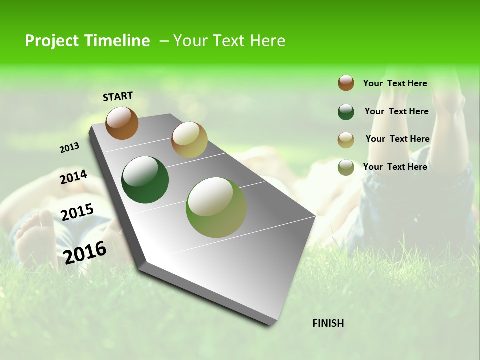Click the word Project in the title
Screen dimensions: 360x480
click(x=52, y=41)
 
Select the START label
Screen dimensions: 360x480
click(x=118, y=96)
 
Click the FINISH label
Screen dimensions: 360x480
click(x=328, y=323)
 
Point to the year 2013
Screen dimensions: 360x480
click(x=69, y=147)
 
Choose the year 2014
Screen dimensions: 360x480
click(x=73, y=177)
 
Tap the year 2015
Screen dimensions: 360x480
click(x=77, y=212)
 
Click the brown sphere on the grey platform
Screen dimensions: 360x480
click(x=122, y=123)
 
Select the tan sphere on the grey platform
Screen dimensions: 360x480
click(x=189, y=140)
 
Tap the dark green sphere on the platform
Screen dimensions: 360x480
click(x=145, y=180)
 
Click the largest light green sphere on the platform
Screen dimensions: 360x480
click(x=216, y=207)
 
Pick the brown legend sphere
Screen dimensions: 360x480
click(x=346, y=83)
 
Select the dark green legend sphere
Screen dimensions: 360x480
click(x=346, y=112)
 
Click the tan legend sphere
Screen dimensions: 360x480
click(x=346, y=140)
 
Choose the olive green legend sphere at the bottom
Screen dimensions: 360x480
click(x=346, y=167)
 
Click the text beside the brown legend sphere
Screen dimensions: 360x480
click(x=395, y=83)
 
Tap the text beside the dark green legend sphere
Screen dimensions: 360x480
click(x=396, y=111)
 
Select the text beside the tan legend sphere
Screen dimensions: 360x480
click(x=397, y=139)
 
